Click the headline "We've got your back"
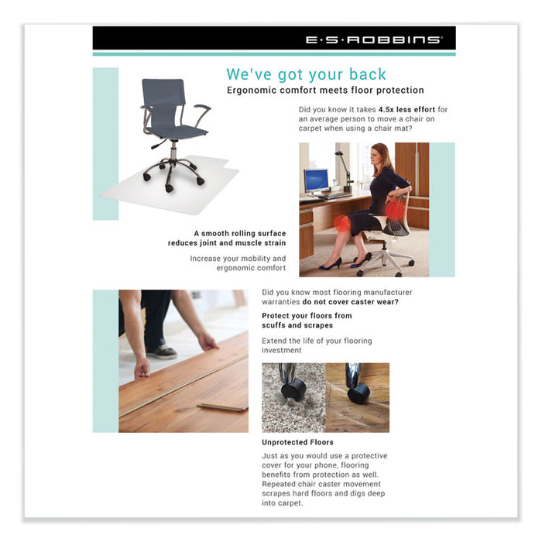(x=306, y=74)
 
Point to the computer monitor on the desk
(x=316, y=180)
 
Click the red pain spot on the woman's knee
(x=342, y=224)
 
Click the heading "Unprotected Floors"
(x=297, y=442)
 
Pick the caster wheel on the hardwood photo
(x=358, y=393)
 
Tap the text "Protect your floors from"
(x=307, y=316)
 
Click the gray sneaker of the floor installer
(x=162, y=352)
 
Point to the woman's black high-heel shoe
(x=331, y=264)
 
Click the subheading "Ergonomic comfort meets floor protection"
(x=325, y=91)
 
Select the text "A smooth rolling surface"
(x=239, y=233)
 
